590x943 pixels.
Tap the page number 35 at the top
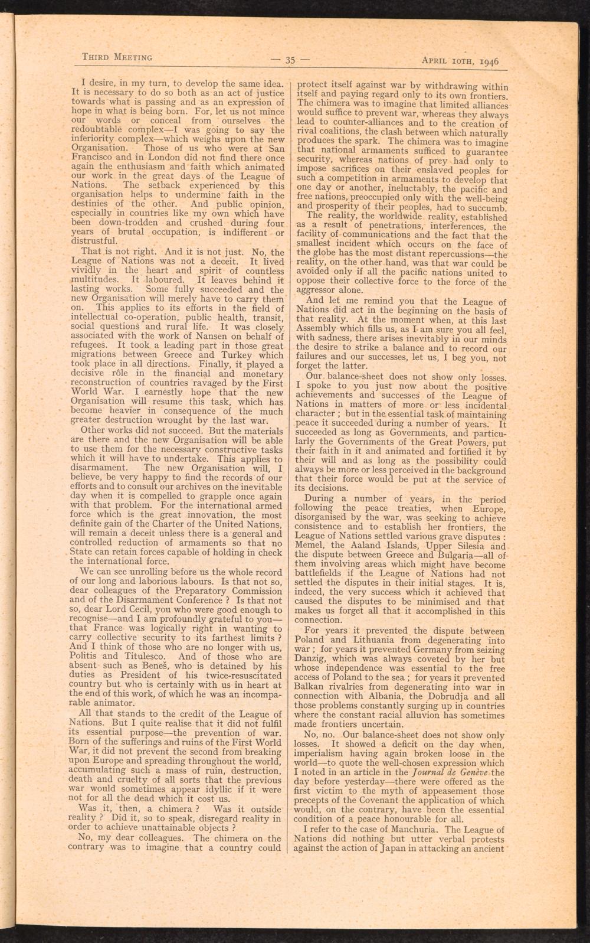290,59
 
